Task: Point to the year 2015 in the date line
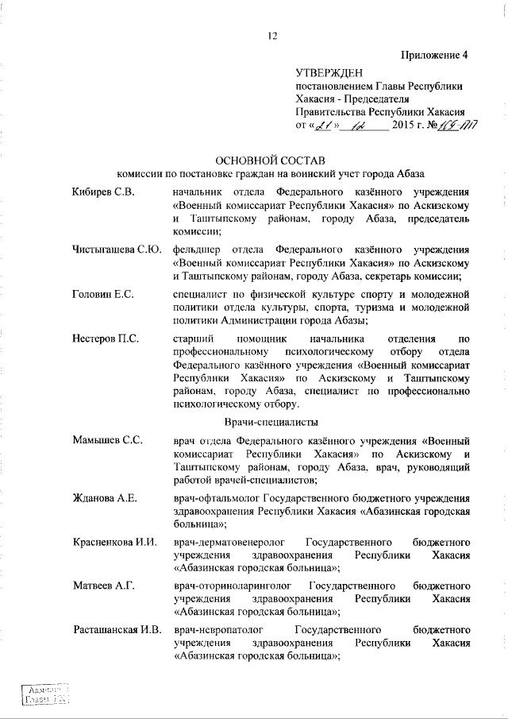tap(405, 126)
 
